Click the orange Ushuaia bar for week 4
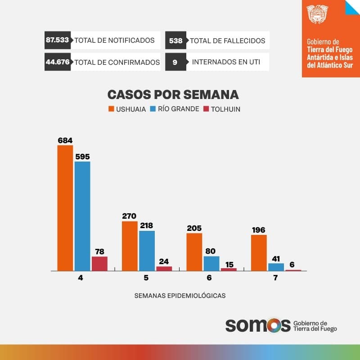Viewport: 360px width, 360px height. [x=65, y=208]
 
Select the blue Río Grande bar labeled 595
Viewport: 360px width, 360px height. [x=82, y=216]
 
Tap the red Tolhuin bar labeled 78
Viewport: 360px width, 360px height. [x=99, y=264]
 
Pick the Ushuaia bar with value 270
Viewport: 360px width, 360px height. [x=130, y=246]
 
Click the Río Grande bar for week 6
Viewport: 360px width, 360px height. [x=211, y=263]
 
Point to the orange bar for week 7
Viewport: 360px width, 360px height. [x=259, y=252]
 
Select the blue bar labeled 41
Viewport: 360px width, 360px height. [x=276, y=267]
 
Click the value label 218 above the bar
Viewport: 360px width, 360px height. [x=147, y=225]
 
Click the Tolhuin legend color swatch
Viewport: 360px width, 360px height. [x=207, y=109]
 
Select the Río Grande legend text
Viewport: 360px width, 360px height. [x=179, y=109]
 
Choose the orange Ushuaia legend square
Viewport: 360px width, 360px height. [x=111, y=109]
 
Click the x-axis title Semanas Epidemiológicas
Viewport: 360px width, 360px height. [x=180, y=296]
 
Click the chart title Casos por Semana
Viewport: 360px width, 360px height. [x=173, y=95]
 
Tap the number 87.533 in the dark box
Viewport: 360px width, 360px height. [x=57, y=40]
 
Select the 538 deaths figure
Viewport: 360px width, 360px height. [x=176, y=40]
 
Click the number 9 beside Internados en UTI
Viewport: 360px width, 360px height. [x=175, y=62]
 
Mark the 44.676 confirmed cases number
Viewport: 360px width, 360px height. [x=58, y=62]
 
